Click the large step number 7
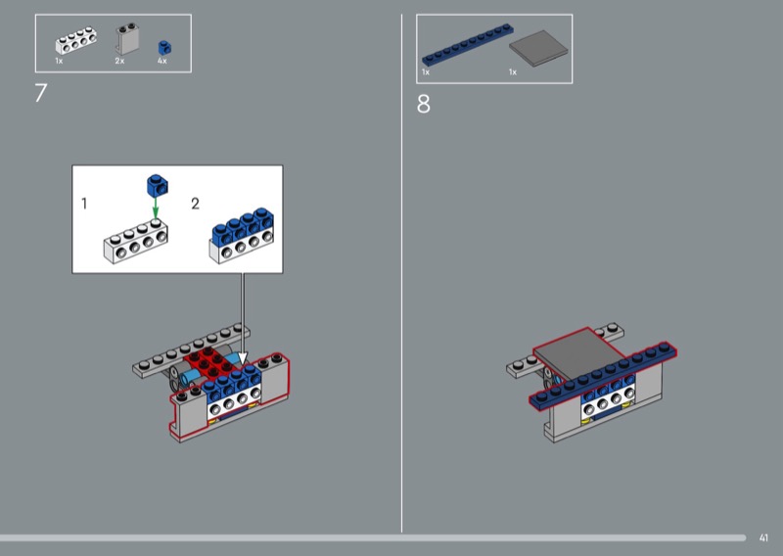point(41,93)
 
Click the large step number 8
point(423,105)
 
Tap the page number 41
point(763,538)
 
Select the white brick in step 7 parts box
point(76,41)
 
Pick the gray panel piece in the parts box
point(127,39)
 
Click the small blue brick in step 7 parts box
point(164,47)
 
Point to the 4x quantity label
point(161,61)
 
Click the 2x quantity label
point(119,61)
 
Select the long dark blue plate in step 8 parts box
point(468,45)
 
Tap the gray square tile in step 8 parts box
point(538,49)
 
